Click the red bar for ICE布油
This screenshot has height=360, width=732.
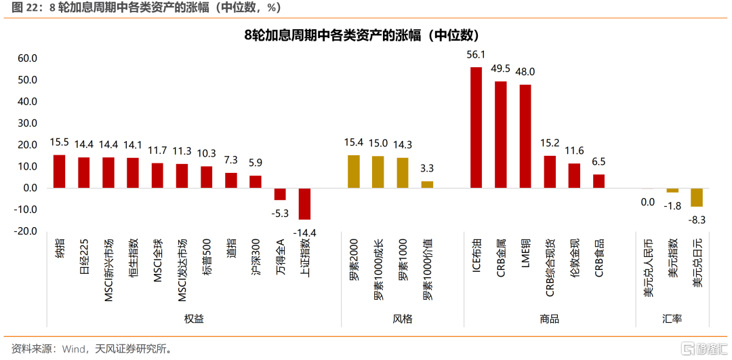pyautogui.click(x=476, y=127)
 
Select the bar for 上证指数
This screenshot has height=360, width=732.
pyautogui.click(x=304, y=203)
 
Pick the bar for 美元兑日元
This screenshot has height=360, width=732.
pyautogui.click(x=697, y=197)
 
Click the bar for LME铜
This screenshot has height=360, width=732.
pyautogui.click(x=525, y=136)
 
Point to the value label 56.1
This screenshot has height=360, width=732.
pyautogui.click(x=476, y=55)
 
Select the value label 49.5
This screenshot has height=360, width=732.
pyautogui.click(x=501, y=68)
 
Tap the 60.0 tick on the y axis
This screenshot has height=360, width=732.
pyautogui.click(x=28, y=59)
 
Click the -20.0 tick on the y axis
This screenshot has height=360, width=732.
pyautogui.click(x=26, y=231)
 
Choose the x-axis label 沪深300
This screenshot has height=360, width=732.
pyautogui.click(x=256, y=256)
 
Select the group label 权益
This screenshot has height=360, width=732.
pyautogui.click(x=194, y=319)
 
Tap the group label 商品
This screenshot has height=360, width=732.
pyautogui.click(x=550, y=319)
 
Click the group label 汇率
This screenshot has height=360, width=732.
pyautogui.click(x=672, y=319)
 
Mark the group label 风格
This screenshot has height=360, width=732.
pyautogui.click(x=403, y=319)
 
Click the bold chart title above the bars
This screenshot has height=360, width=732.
pyautogui.click(x=366, y=35)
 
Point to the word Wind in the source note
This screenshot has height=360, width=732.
pyautogui.click(x=73, y=349)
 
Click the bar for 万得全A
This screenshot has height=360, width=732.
pyautogui.click(x=280, y=194)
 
